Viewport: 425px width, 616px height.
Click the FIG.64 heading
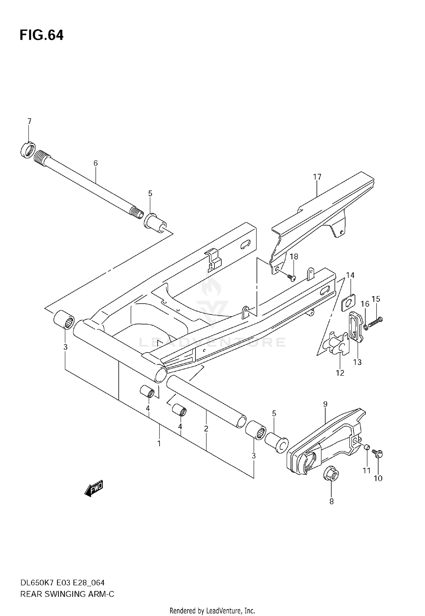41,35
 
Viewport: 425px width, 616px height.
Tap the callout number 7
29,121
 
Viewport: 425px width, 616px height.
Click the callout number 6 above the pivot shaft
95,163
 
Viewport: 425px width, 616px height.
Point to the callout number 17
317,177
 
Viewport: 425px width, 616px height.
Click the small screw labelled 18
291,277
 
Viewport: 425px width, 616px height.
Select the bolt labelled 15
375,322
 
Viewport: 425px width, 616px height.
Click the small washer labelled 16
366,328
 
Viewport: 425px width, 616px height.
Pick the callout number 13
357,362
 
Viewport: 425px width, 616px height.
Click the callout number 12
340,373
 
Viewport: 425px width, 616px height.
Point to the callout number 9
325,404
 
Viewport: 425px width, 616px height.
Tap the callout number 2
206,429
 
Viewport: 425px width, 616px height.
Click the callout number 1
159,443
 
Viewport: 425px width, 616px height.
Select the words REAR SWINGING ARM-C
67,594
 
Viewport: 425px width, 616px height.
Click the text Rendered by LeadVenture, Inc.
212,610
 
